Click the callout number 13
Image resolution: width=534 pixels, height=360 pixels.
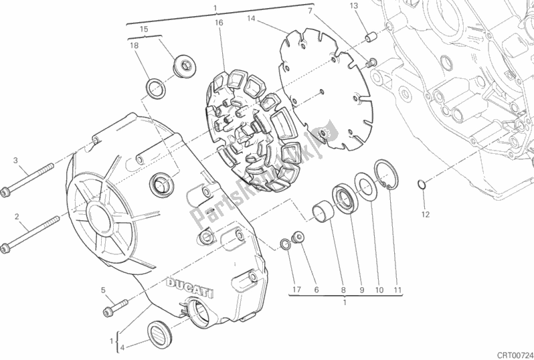pos(354,6)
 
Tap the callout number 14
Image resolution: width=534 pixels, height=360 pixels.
pos(251,18)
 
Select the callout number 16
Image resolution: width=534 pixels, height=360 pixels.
pos(219,23)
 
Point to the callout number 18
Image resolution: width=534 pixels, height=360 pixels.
pos(135,46)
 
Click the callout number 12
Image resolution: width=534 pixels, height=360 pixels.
pos(426,214)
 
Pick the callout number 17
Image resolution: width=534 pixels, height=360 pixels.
pos(296,290)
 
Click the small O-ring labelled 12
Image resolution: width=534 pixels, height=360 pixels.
pos(422,184)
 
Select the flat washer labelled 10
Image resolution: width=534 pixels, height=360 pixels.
pos(366,187)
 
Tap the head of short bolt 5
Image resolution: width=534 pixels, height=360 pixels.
pos(108,311)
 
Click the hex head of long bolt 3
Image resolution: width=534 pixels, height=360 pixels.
pos(5,193)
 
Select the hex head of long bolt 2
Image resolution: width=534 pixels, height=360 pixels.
pos(5,248)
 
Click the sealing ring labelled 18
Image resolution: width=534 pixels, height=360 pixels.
pos(156,88)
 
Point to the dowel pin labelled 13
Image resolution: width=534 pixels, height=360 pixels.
pos(371,36)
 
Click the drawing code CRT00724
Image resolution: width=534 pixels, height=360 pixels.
pos(515,355)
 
